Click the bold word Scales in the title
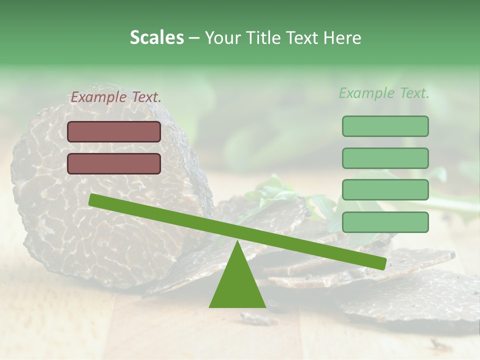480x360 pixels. (x=156, y=38)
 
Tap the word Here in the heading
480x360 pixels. (x=342, y=38)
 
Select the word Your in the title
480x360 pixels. (x=222, y=38)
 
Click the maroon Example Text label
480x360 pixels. (x=116, y=97)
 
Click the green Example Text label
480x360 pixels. (x=384, y=93)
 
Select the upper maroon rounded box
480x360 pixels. (x=114, y=131)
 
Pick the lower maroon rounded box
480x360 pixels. (x=114, y=163)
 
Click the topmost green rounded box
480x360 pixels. (x=385, y=126)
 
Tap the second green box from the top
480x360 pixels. (x=385, y=158)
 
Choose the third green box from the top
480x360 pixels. (x=385, y=190)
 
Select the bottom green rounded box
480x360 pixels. (x=385, y=222)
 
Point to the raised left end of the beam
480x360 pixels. (x=93, y=199)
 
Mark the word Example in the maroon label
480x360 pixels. (x=98, y=97)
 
